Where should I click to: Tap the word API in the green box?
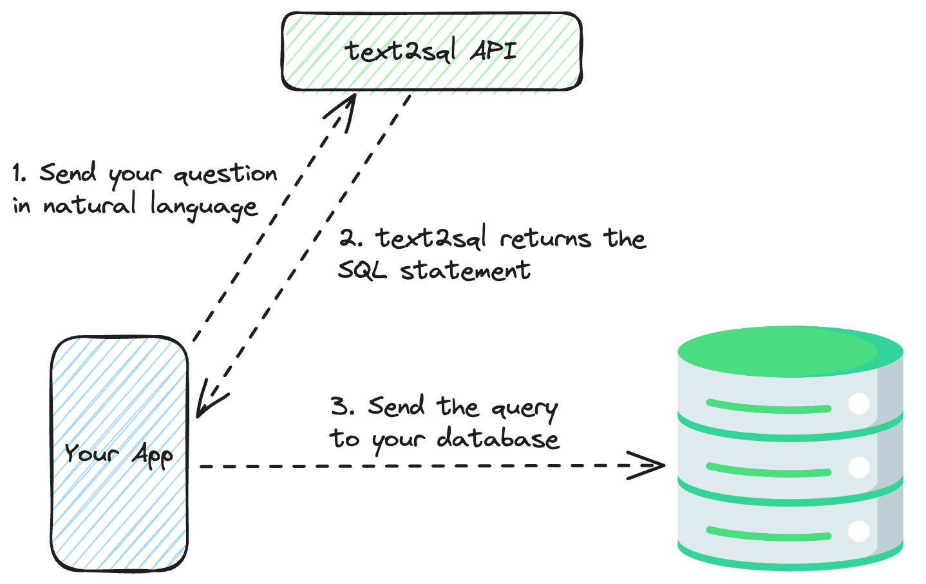493,50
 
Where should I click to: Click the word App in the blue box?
153,455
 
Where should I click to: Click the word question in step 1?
225,175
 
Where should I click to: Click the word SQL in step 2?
363,270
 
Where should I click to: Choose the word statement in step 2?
466,270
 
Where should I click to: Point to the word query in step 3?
524,409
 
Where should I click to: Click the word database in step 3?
498,440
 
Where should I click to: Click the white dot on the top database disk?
859,404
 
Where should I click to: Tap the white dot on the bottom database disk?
859,531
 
